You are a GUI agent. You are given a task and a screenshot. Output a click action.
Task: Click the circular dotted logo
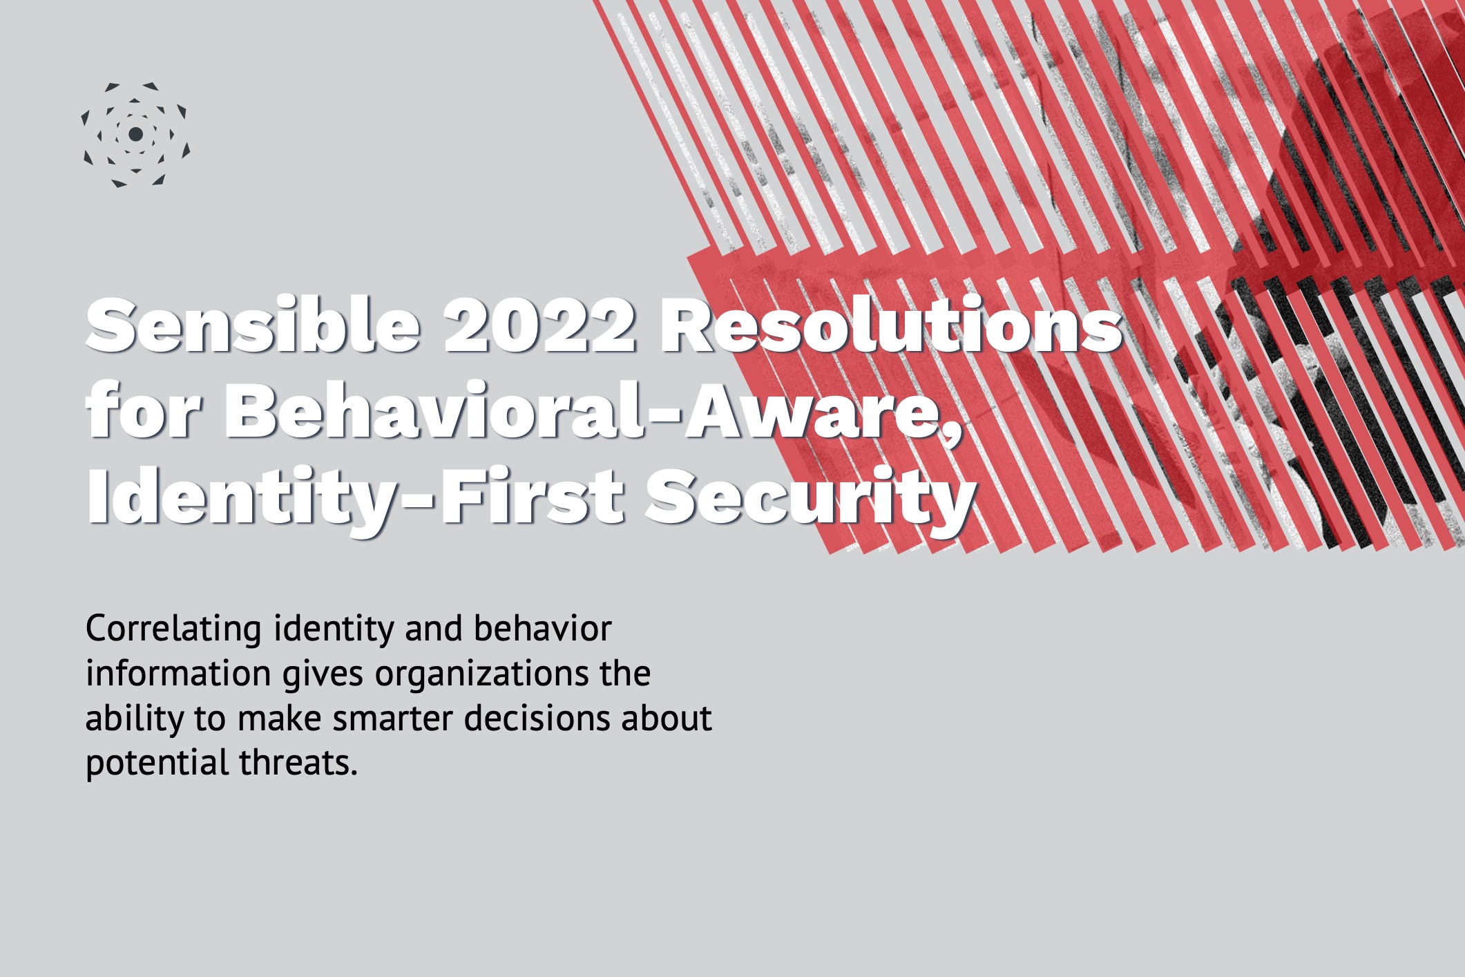[x=135, y=135]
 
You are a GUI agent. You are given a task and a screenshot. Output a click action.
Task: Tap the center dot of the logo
[x=136, y=133]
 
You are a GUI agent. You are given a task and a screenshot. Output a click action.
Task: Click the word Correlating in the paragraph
[x=173, y=629]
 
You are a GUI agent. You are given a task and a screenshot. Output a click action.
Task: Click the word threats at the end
[x=298, y=763]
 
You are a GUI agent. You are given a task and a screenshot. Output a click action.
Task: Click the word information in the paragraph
[x=178, y=674]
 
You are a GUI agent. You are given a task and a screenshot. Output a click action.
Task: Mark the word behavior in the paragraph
[x=543, y=629]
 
